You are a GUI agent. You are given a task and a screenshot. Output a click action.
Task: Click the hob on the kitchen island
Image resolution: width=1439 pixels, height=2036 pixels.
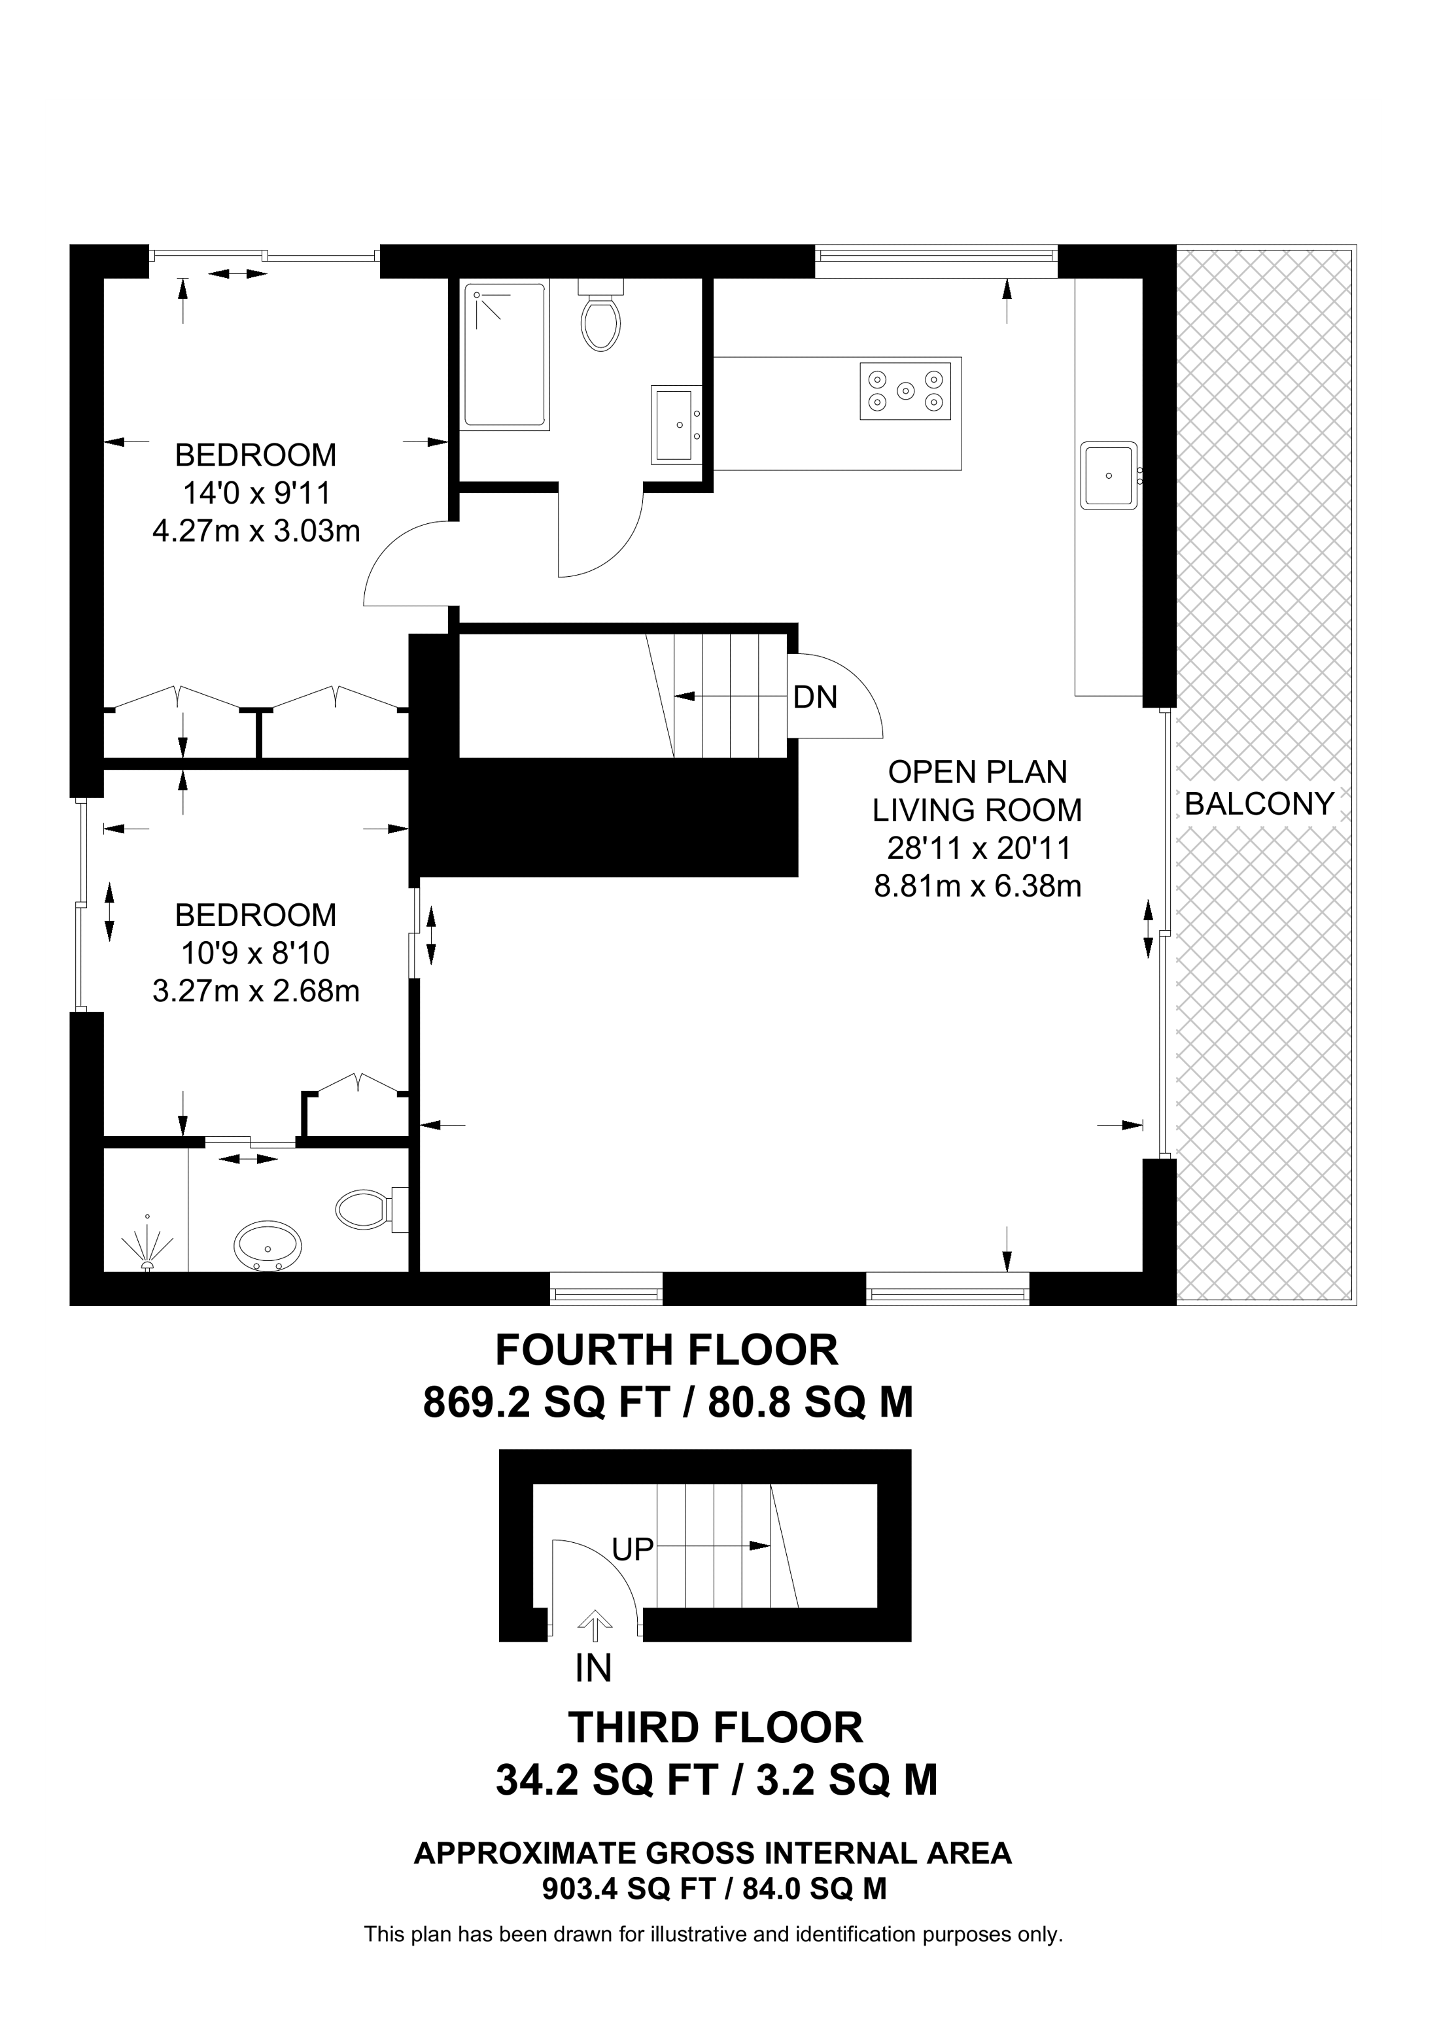[x=905, y=390]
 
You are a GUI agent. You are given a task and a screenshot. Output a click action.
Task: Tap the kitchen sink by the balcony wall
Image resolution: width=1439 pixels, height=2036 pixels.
[x=1108, y=475]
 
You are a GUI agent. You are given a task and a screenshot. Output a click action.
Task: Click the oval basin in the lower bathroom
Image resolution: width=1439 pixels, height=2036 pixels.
[x=267, y=1246]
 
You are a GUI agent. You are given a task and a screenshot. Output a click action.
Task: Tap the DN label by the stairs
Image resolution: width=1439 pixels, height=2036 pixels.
[x=815, y=697]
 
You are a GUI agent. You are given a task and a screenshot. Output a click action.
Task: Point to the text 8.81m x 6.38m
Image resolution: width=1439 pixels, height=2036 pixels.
[x=977, y=886]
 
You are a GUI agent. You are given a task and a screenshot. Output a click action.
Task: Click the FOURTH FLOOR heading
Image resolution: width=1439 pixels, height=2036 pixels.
[x=666, y=1351]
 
